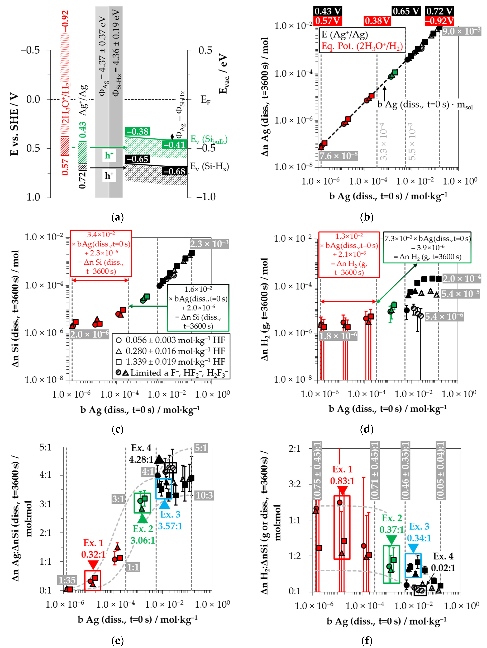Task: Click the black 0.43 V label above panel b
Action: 328,11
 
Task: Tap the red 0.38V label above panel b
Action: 377,21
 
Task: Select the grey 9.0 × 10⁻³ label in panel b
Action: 461,31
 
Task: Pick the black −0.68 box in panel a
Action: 175,171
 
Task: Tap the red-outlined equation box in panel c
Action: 101,253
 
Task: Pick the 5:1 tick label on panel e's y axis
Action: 45,447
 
